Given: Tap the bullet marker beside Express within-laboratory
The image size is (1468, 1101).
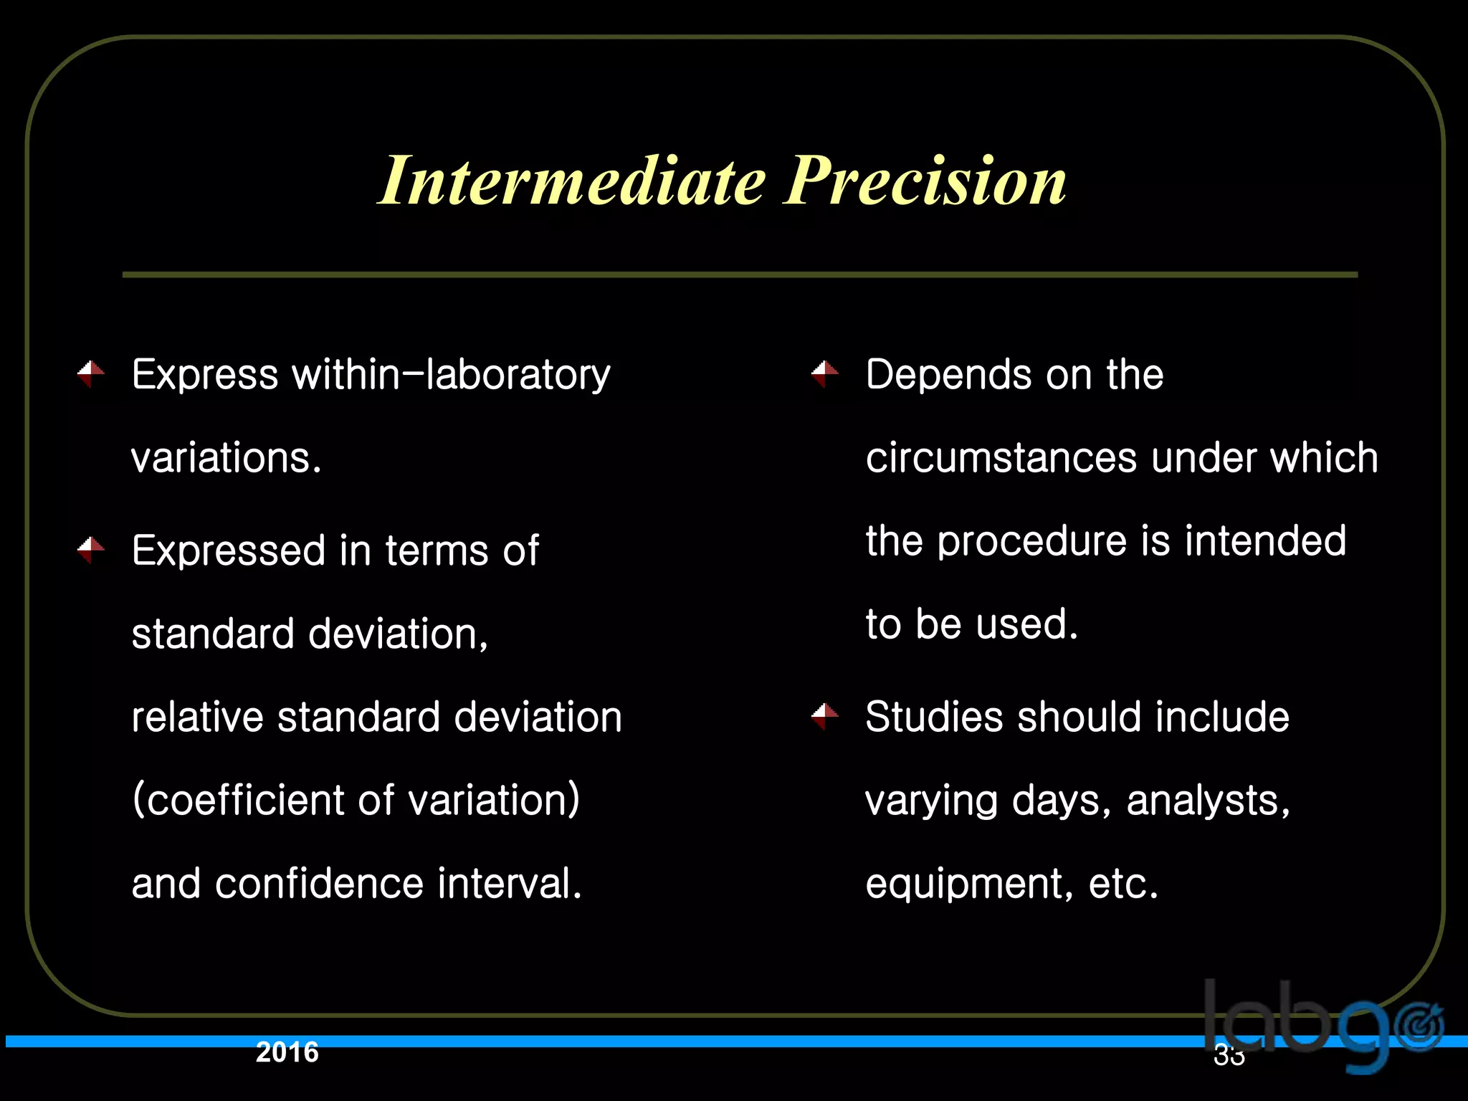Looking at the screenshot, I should (91, 373).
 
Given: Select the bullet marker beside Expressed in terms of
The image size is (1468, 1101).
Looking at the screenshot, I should (91, 550).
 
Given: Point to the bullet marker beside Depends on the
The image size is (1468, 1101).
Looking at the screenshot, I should (825, 373).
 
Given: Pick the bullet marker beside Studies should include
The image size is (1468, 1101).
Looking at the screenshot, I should (825, 716).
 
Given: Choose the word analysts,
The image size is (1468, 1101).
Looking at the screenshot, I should (1208, 800).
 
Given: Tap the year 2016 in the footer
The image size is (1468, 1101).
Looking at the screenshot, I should (287, 1052).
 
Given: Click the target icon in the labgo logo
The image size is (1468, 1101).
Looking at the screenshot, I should (1421, 1027).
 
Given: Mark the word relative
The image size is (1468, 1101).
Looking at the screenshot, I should (198, 717).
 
